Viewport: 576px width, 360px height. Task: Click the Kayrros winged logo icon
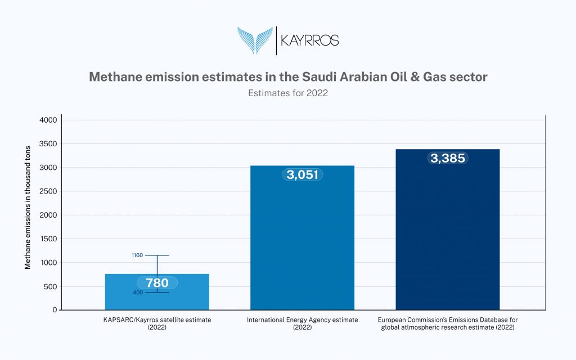(x=255, y=40)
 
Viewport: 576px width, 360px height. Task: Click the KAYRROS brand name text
(x=310, y=40)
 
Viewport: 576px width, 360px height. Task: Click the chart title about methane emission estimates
(x=288, y=76)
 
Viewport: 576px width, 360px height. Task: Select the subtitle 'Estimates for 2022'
(x=288, y=93)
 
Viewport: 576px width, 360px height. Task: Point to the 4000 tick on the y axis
(x=48, y=120)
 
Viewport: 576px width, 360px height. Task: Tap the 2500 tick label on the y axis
(x=48, y=191)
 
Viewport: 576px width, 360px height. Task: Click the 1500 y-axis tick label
(x=48, y=238)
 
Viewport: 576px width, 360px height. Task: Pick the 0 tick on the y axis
(x=55, y=310)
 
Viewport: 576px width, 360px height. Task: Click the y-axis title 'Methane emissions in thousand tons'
(x=28, y=208)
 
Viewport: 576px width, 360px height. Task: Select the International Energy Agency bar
(x=302, y=238)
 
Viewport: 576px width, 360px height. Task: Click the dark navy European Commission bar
(x=448, y=229)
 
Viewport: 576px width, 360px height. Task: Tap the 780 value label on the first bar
(x=157, y=283)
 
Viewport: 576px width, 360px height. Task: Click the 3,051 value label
(x=302, y=174)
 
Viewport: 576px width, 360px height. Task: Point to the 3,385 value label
(x=448, y=158)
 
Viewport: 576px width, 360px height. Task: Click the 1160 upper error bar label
(x=137, y=255)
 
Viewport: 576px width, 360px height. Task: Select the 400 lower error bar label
(x=138, y=292)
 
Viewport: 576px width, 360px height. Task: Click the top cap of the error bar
(x=157, y=255)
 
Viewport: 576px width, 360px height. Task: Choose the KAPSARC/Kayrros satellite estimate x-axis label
(x=157, y=323)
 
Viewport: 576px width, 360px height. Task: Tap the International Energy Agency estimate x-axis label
(x=302, y=323)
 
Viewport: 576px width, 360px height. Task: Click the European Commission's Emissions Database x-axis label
(x=448, y=323)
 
